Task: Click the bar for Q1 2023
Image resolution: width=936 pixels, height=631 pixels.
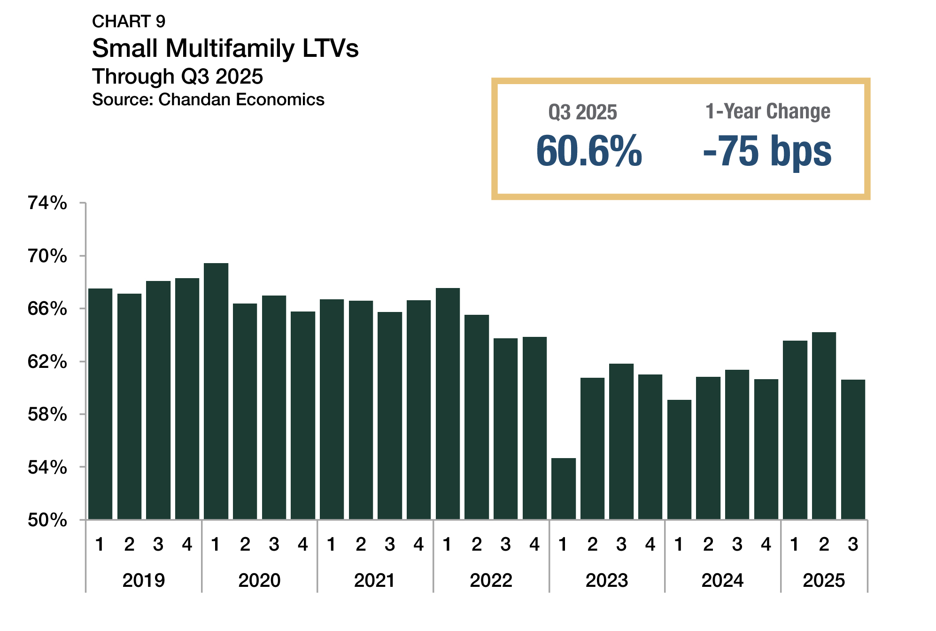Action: pos(563,489)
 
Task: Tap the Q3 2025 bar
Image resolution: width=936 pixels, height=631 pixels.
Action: pos(853,449)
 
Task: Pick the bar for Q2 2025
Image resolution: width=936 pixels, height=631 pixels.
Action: pos(824,426)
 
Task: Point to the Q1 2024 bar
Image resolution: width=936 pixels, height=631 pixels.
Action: pos(679,460)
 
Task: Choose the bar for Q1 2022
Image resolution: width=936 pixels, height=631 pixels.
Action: pos(448,404)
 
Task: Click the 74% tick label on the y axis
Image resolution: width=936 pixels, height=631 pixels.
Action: pos(47,203)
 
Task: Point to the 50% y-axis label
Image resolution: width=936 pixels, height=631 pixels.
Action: pos(47,520)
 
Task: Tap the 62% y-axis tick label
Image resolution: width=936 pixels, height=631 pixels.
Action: pos(47,362)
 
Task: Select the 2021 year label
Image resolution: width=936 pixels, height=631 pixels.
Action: pos(375,580)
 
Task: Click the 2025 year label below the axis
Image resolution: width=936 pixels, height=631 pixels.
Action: pos(824,580)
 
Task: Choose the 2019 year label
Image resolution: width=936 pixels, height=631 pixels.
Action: pos(144,580)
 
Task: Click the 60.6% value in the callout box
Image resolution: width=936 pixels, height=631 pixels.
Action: pos(589,151)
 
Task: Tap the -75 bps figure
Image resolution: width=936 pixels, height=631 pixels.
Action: pos(767,151)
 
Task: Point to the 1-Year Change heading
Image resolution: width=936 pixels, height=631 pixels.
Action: pos(768,112)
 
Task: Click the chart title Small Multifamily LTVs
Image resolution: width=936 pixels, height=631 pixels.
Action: pos(225,48)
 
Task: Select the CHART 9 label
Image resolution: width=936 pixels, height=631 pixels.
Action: pos(129,22)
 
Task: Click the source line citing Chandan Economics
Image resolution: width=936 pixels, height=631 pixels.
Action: pos(208,100)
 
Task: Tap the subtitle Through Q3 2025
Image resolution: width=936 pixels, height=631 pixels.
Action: pos(178,77)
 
